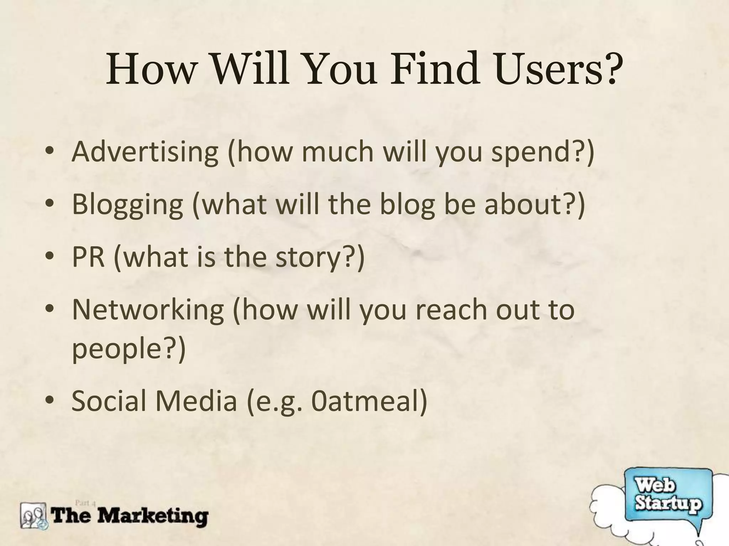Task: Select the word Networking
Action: pos(148,310)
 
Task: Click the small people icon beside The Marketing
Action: pos(34,516)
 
